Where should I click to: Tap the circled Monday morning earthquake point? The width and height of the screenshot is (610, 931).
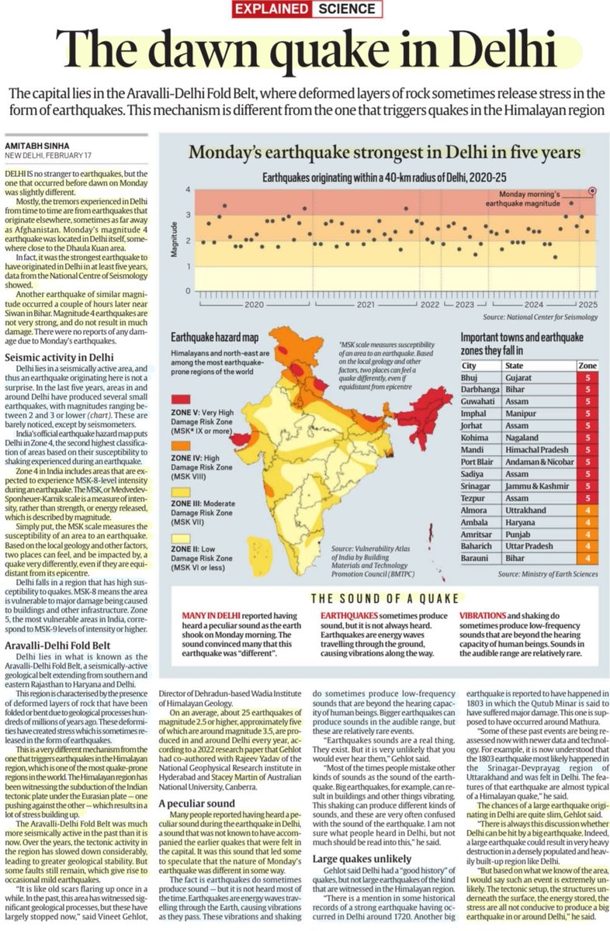tap(593, 190)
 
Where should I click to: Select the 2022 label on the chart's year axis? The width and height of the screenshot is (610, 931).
tap(428, 306)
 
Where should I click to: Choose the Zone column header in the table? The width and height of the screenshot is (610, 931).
tap(587, 365)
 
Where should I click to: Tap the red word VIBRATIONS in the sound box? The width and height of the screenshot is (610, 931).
tap(487, 618)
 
